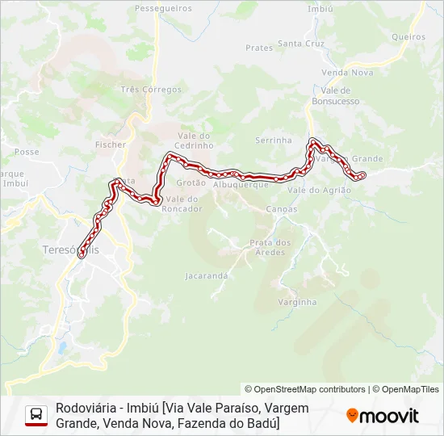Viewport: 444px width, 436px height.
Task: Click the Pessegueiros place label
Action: point(164,8)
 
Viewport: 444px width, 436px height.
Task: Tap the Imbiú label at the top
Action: point(320,9)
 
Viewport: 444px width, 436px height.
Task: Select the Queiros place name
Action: point(408,36)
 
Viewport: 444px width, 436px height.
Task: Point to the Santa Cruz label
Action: point(300,44)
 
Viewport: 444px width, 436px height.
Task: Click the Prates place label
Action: point(259,48)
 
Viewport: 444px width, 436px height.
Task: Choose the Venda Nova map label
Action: point(347,72)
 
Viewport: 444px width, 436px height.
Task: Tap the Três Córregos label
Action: point(150,90)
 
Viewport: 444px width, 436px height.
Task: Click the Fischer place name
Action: point(111,145)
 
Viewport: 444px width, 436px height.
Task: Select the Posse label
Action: point(27,152)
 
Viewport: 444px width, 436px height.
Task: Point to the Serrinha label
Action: point(273,140)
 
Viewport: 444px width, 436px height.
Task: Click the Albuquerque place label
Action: point(241,184)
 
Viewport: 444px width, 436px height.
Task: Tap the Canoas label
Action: point(281,209)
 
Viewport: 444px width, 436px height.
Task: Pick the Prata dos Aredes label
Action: point(270,247)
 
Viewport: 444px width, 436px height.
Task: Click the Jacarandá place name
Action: point(207,275)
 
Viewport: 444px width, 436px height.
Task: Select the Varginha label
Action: point(297,302)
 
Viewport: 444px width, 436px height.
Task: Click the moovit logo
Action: point(383,416)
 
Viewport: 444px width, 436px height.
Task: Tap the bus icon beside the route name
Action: point(36,415)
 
